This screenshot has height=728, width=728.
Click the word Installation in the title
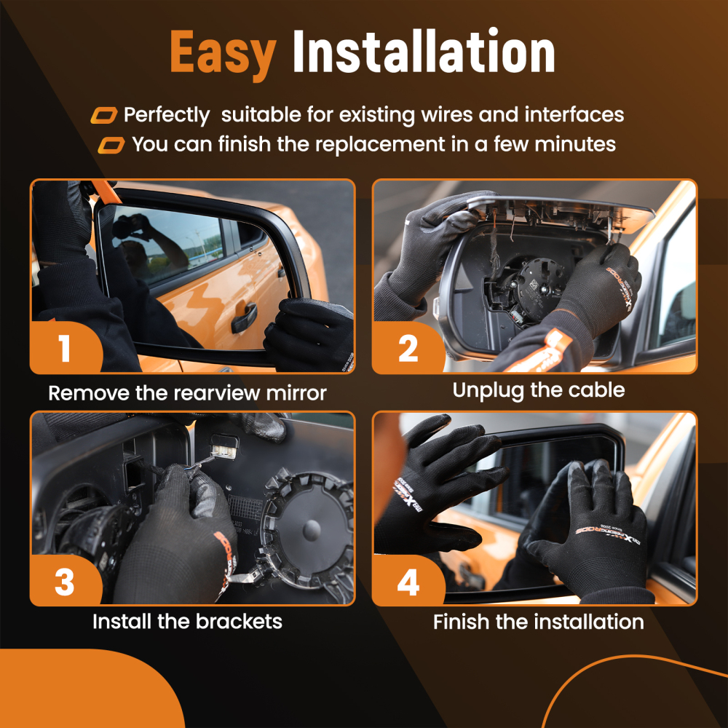pos(424,51)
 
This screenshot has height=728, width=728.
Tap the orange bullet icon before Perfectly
pos(104,115)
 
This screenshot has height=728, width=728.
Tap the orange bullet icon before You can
pos(111,145)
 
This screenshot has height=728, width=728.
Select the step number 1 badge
pos(66,347)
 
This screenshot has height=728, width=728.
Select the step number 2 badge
pos(408,348)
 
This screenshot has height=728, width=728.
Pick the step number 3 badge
pos(65,581)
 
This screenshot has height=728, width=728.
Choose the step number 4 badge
pos(408,582)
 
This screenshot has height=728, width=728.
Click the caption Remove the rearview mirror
pos(188,393)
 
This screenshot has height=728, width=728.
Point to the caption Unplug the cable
pos(539,391)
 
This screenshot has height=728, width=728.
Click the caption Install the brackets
pos(187,622)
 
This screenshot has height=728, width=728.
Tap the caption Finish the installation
pos(539,622)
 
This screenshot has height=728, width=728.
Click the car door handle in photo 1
pos(244,317)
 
